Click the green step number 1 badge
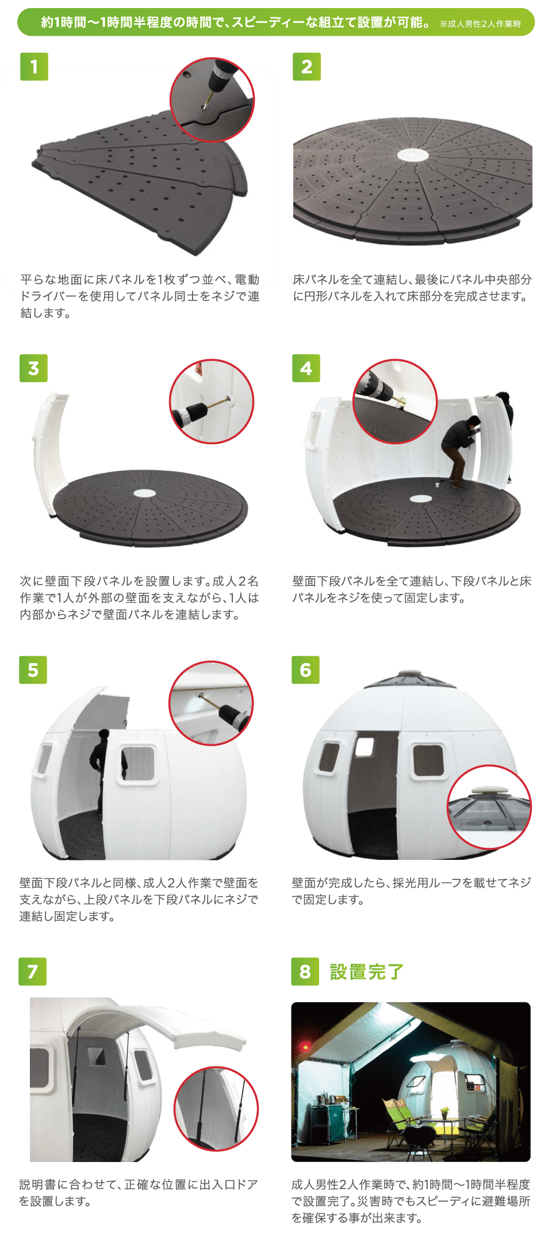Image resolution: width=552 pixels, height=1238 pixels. [x=34, y=66]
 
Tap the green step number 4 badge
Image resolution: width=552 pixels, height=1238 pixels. [x=306, y=368]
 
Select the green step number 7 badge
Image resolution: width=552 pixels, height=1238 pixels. [x=33, y=972]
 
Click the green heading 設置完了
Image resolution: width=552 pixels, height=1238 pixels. [x=366, y=972]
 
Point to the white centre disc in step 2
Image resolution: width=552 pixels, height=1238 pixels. [x=413, y=155]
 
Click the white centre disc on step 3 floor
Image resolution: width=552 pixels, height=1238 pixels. [x=144, y=493]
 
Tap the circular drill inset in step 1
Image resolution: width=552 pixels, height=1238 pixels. [x=212, y=100]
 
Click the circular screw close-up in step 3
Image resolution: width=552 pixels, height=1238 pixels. [x=212, y=402]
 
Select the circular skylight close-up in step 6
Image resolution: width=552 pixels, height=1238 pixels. [x=489, y=807]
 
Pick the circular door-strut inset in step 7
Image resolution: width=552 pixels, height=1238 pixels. [x=216, y=1109]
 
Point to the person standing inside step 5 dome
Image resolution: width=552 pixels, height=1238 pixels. [x=100, y=770]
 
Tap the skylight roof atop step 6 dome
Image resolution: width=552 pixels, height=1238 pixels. [x=410, y=679]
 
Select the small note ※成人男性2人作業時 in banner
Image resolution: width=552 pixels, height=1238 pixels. [x=480, y=24]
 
